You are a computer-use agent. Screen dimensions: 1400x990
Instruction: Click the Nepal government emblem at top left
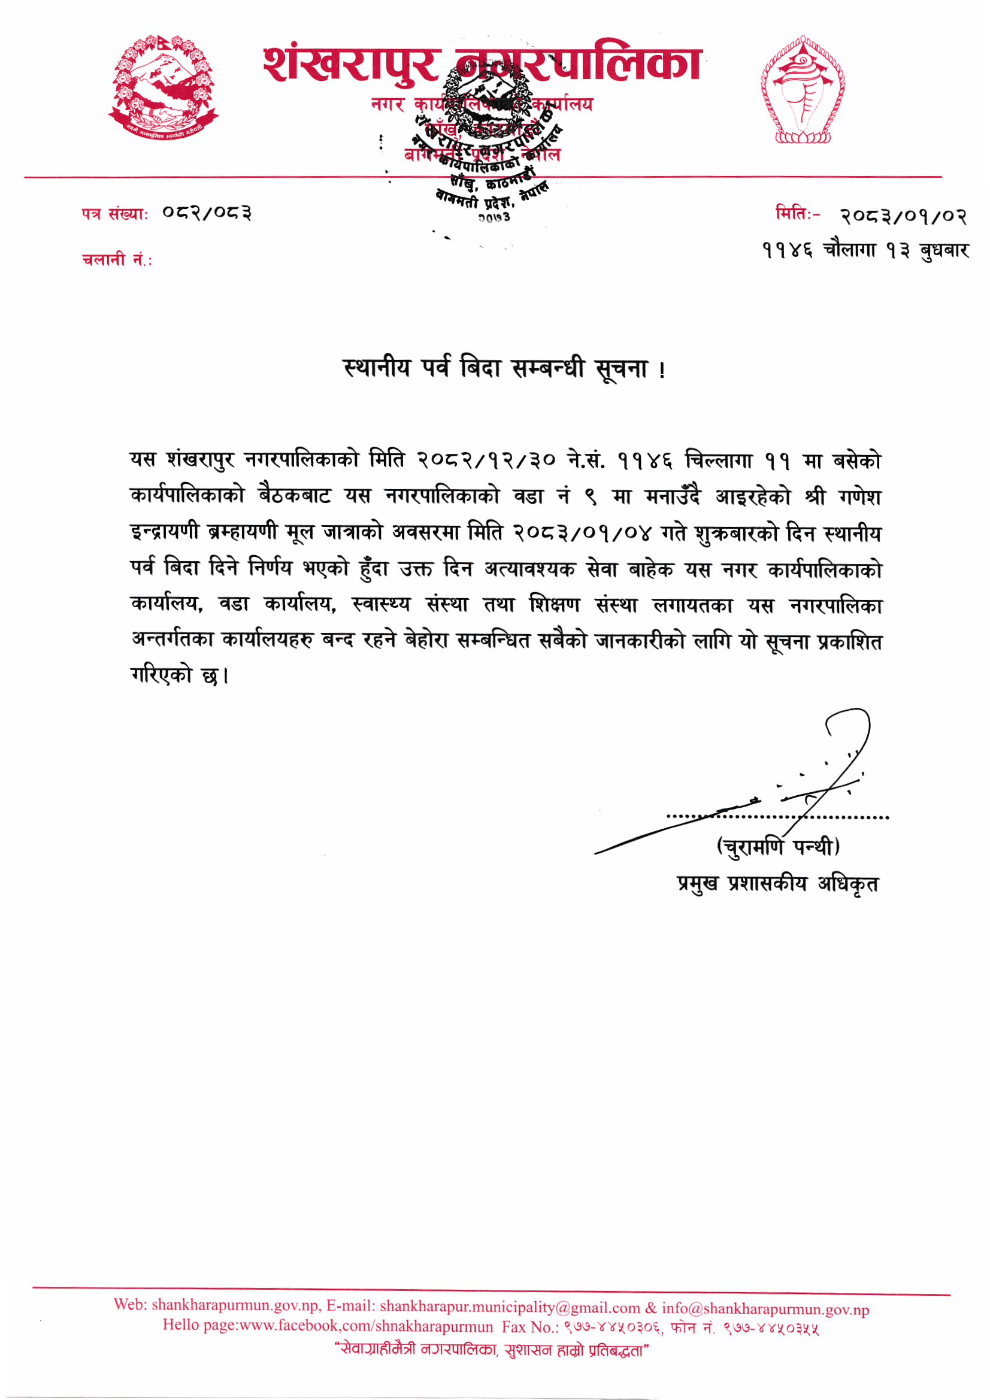pos(163,88)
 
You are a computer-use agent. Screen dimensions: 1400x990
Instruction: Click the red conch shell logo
pos(802,90)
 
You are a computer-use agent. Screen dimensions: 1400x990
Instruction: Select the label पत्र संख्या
pos(114,214)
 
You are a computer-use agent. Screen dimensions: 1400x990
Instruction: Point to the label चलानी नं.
pos(117,260)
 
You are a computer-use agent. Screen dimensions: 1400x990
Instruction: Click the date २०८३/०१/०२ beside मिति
pos(903,216)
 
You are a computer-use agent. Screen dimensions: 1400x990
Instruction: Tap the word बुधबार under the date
pos(944,250)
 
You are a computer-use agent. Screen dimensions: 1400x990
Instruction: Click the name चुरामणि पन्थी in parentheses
pos(778,846)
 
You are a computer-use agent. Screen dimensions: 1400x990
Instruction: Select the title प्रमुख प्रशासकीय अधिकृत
pos(778,884)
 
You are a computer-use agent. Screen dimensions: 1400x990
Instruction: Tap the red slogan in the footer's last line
pos(492,1351)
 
